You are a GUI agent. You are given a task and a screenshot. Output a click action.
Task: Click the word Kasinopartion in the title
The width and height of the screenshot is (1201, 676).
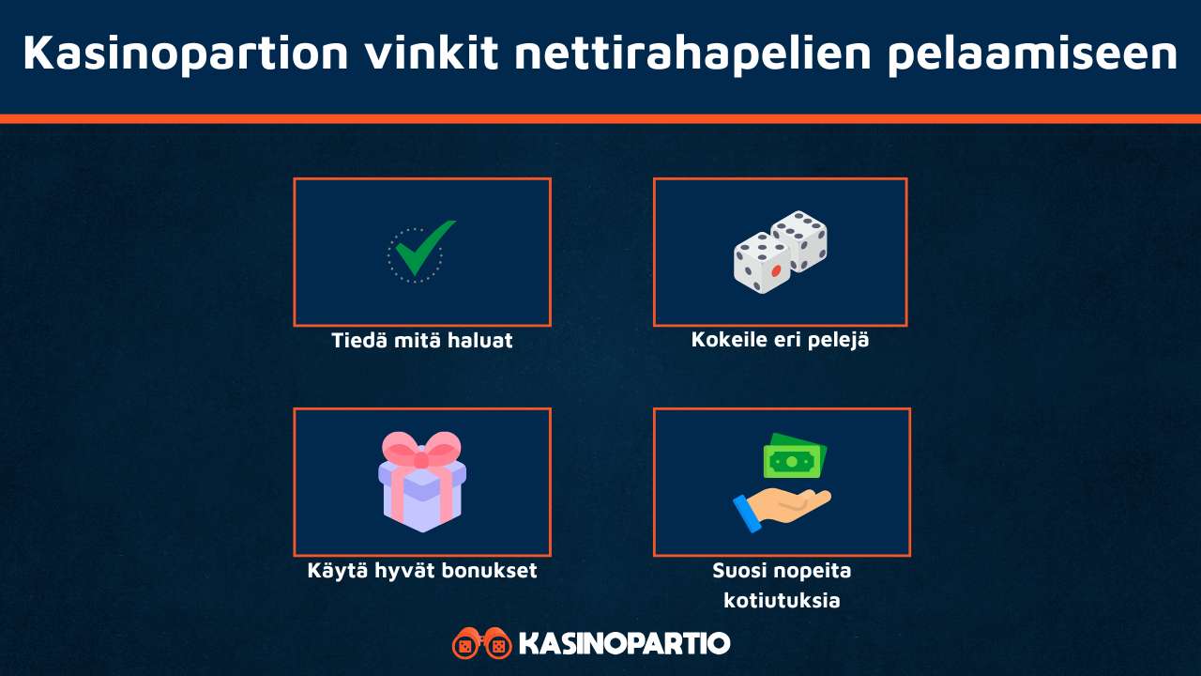184,54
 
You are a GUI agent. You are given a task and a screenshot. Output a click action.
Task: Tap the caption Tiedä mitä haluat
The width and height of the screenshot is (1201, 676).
422,340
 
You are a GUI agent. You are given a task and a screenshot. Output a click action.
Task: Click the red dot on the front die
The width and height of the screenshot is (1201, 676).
776,271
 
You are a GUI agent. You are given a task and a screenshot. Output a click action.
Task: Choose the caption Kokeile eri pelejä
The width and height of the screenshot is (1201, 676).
780,339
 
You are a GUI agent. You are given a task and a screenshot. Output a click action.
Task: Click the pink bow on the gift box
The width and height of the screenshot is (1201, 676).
422,452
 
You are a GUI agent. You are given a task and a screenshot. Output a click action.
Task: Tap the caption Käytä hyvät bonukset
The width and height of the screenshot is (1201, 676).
422,570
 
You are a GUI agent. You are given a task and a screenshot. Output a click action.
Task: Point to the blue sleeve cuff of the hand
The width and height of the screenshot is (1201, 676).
748,515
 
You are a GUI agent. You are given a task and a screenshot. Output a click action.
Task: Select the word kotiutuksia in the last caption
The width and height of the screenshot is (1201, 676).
782,599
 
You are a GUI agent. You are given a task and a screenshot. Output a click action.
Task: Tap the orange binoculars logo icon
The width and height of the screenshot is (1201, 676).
481,644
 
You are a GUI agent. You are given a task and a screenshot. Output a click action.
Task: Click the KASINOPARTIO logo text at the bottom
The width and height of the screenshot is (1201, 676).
624,644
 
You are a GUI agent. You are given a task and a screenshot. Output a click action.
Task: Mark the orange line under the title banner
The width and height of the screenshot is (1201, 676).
600,119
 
